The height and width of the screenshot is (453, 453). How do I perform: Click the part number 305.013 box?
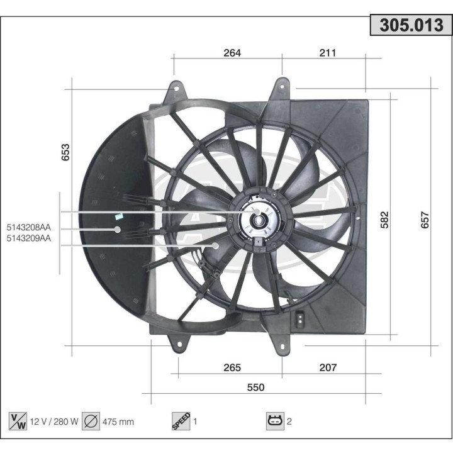pyautogui.click(x=411, y=25)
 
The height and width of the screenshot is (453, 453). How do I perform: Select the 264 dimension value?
pyautogui.click(x=232, y=53)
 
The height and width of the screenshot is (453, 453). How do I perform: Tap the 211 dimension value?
pyautogui.click(x=327, y=53)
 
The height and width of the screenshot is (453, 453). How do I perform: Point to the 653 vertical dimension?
pyautogui.click(x=65, y=153)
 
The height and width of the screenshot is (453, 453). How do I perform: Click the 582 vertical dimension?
pyautogui.click(x=384, y=219)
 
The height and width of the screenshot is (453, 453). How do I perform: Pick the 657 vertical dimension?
pyautogui.click(x=425, y=219)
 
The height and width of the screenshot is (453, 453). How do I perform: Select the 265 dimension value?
pyautogui.click(x=232, y=367)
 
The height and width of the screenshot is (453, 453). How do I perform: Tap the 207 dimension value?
pyautogui.click(x=328, y=367)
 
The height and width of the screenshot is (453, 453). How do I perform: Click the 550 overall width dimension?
pyautogui.click(x=255, y=387)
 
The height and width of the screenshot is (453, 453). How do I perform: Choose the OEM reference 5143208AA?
pyautogui.click(x=29, y=227)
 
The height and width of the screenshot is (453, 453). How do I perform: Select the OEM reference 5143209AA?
pyautogui.click(x=29, y=238)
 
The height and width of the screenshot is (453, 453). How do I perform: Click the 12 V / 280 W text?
pyautogui.click(x=55, y=422)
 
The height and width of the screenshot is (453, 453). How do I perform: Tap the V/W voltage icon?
pyautogui.click(x=18, y=422)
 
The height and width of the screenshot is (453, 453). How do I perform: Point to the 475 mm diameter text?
pyautogui.click(x=118, y=422)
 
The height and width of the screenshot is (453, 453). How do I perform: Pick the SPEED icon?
pyautogui.click(x=181, y=422)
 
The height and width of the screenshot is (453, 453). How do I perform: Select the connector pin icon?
pyautogui.click(x=275, y=422)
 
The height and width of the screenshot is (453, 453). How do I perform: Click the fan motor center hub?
pyautogui.click(x=258, y=221)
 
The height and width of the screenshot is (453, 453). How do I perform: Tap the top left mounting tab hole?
pyautogui.click(x=176, y=89)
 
